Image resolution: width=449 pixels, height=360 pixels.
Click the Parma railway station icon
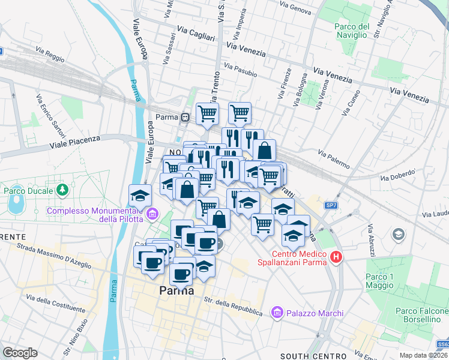point(187,117)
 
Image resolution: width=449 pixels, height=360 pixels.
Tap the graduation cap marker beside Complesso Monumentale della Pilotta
point(140,196)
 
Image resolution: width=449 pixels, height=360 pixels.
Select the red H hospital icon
point(336,257)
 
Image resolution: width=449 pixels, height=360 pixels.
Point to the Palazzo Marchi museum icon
point(277,313)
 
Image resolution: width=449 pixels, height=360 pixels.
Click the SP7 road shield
point(331,206)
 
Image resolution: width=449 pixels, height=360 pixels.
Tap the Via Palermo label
point(333,157)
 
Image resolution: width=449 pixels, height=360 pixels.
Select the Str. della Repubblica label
point(233,306)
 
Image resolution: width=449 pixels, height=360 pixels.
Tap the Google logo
point(20,353)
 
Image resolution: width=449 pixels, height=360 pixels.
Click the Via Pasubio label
point(241,70)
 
